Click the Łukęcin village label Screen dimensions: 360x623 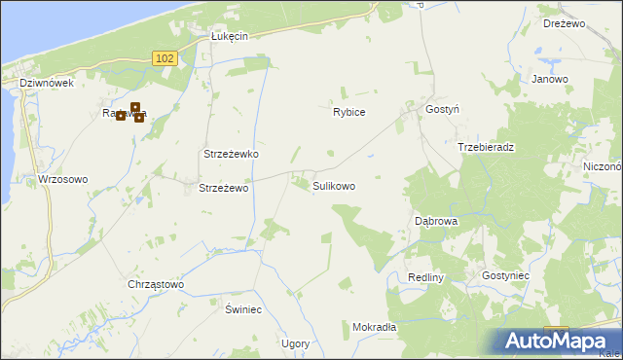231,36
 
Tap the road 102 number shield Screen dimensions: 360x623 165,59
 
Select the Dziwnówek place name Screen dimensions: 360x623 47,84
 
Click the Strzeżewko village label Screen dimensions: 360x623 230,155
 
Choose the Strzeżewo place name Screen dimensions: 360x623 225,188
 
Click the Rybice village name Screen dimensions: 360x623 348,112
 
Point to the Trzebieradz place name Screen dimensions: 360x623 486,147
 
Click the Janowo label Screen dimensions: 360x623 550,79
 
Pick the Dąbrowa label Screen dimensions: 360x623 436,221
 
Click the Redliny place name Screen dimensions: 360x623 426,277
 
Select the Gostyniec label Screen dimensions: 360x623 505,276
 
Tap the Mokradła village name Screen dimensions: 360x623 375,328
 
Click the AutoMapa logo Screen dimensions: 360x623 559,342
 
